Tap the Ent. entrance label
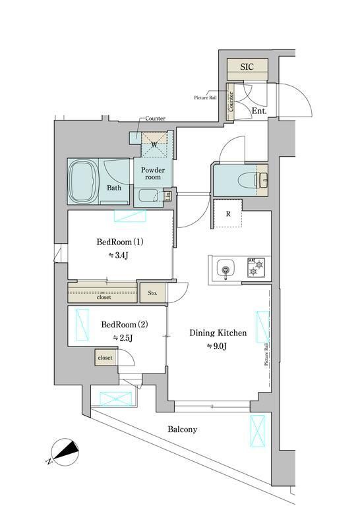[x=259, y=111]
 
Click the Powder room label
[x=154, y=173]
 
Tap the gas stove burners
[x=255, y=269]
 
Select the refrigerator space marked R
[x=227, y=213]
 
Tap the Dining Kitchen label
[x=218, y=333]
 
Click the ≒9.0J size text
[x=218, y=347]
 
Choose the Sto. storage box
[x=152, y=293]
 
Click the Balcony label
[x=182, y=429]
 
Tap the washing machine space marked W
[x=155, y=144]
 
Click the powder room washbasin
[x=149, y=196]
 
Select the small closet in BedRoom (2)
[x=104, y=358]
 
